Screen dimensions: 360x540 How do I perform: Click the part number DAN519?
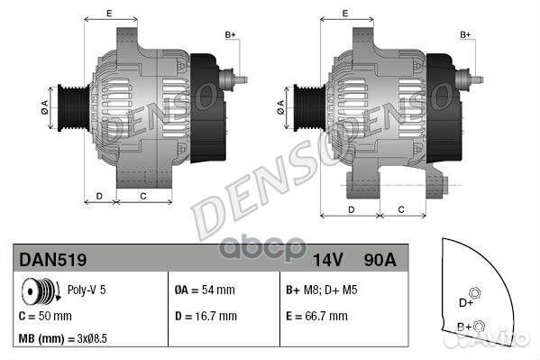click(52, 260)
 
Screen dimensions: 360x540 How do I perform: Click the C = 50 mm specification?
click(45, 317)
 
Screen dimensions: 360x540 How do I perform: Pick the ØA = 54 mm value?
click(206, 291)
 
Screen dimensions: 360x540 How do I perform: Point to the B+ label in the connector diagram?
click(464, 326)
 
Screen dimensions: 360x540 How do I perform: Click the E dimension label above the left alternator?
click(108, 13)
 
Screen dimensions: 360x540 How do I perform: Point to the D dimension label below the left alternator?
click(99, 194)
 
